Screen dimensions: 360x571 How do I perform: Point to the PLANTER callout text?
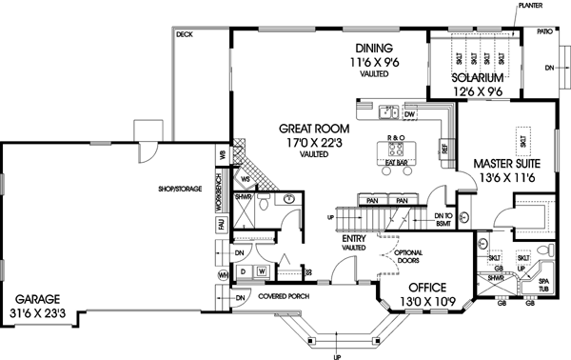[x=530, y=6]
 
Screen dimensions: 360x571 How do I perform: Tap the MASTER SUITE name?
[x=507, y=163]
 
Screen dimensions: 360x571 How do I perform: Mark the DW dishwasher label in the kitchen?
[x=410, y=114]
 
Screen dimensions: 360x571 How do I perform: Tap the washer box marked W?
[x=261, y=272]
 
